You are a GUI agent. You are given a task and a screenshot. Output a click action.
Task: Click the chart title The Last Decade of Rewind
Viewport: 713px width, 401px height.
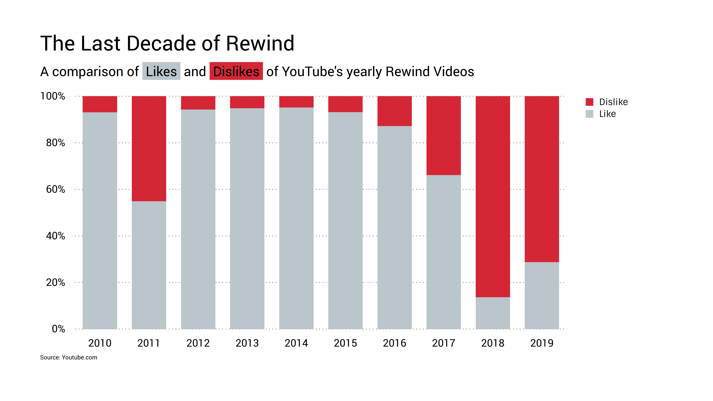pyautogui.click(x=167, y=43)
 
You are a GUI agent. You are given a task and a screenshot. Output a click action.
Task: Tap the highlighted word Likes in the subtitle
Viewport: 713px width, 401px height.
pyautogui.click(x=161, y=71)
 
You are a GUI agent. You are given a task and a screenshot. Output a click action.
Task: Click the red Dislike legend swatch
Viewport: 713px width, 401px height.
pyautogui.click(x=589, y=102)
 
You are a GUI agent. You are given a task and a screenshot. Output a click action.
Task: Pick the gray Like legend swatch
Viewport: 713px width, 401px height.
pyautogui.click(x=589, y=114)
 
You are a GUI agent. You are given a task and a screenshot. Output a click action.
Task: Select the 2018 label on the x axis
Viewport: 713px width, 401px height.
pyautogui.click(x=493, y=343)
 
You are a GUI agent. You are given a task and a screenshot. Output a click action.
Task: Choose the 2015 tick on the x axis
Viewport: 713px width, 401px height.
pyautogui.click(x=345, y=343)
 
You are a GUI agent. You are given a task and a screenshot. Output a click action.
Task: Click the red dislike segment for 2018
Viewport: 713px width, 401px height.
pyautogui.click(x=493, y=196)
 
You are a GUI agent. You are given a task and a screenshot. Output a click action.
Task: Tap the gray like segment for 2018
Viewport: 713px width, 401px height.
pyautogui.click(x=493, y=313)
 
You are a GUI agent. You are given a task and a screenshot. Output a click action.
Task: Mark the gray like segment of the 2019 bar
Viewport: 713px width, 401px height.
pyautogui.click(x=542, y=296)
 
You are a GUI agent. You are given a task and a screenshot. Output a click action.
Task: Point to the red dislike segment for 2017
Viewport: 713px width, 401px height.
pyautogui.click(x=443, y=136)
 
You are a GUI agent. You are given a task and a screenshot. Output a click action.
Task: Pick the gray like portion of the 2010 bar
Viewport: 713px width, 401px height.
pyautogui.click(x=100, y=221)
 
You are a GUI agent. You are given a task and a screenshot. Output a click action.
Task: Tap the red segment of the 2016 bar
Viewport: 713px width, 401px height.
pyautogui.click(x=394, y=111)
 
